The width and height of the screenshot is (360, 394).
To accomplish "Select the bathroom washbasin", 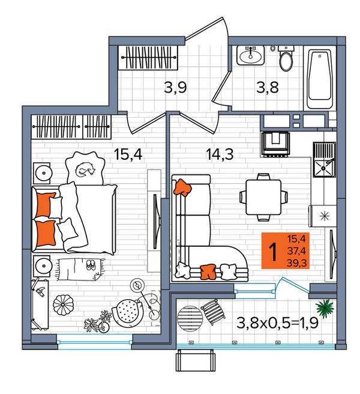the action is (250, 55).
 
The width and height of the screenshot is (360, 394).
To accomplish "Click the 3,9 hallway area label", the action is (175, 88).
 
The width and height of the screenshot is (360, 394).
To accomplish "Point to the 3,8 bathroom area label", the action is (268, 88).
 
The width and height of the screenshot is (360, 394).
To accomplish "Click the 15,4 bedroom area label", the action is (128, 154).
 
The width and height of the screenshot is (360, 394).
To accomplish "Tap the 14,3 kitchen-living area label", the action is (220, 154).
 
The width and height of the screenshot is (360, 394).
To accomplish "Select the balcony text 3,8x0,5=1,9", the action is (277, 323).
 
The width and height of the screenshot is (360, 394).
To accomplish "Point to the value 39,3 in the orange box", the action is (297, 263).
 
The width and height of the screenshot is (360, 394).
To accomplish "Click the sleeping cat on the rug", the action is (85, 169).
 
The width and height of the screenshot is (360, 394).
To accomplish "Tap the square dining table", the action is (263, 197).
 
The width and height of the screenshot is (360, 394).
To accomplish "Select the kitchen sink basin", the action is (324, 168).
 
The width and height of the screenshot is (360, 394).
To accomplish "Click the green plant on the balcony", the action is (325, 307).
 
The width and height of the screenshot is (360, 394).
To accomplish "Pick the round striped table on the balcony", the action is (190, 318).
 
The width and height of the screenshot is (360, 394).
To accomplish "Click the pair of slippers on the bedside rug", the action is (90, 265).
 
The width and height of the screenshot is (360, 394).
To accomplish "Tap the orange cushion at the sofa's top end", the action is (182, 187).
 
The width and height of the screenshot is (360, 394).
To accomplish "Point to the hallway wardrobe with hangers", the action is (148, 58).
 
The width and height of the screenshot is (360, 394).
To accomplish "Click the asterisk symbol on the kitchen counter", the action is (325, 216).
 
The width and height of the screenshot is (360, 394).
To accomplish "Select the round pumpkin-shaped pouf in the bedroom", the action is (63, 305).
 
